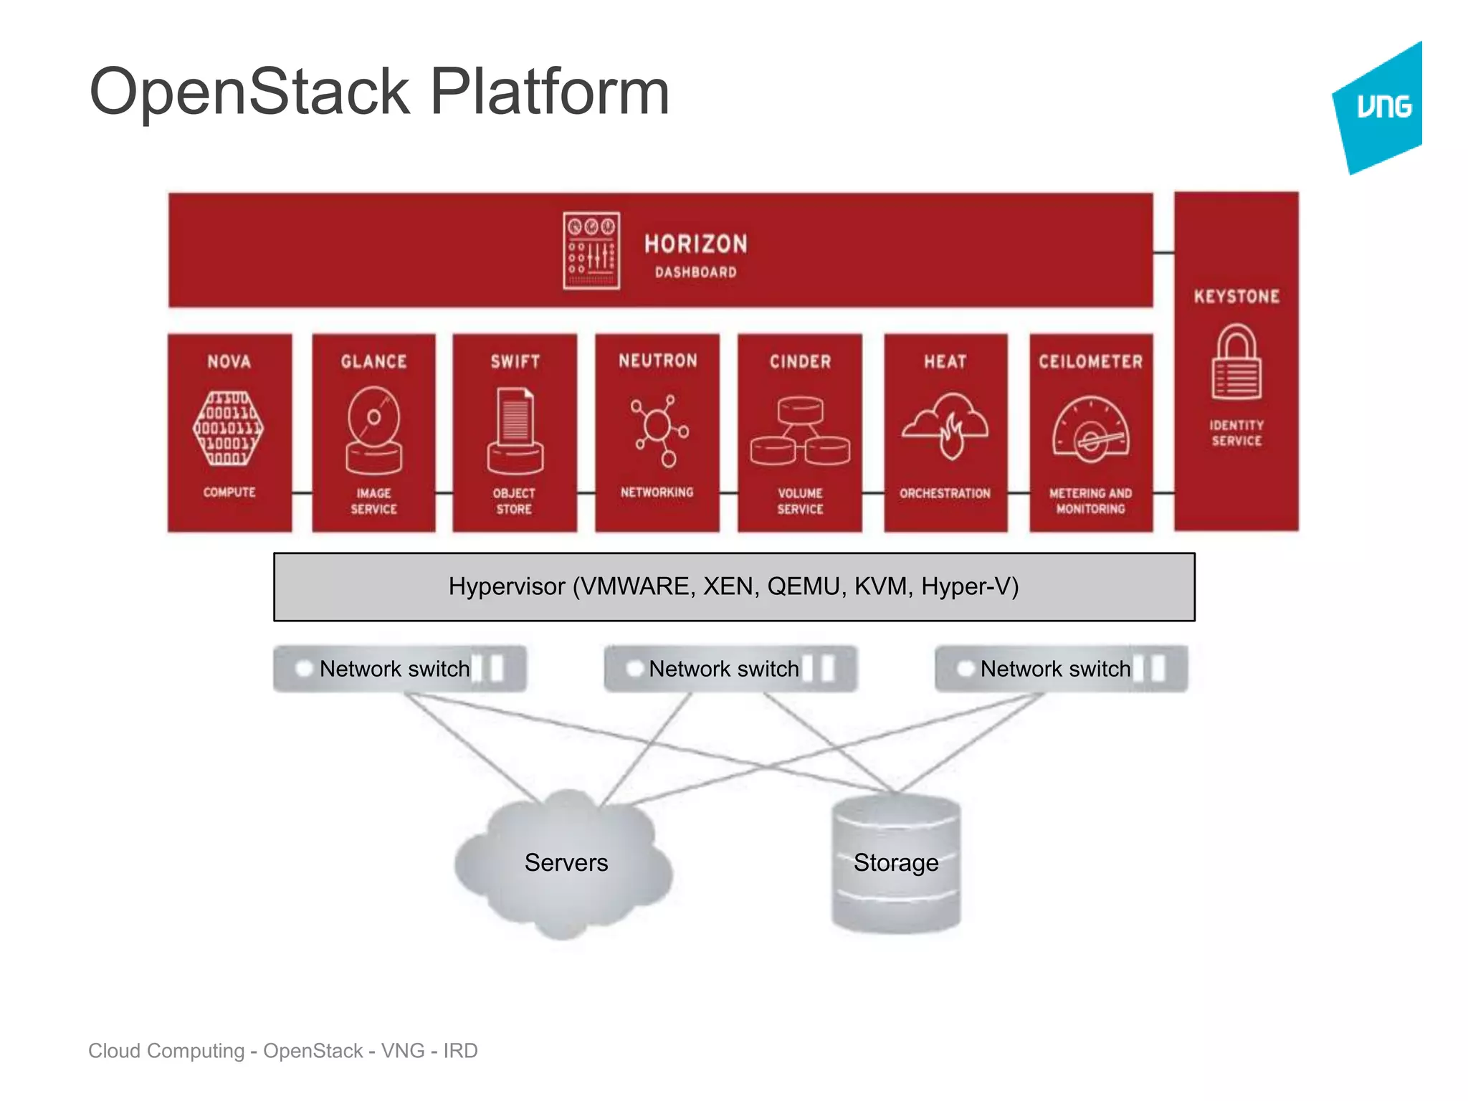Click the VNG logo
1380,108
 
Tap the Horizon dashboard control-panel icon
591,251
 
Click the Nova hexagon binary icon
229,428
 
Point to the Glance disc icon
373,431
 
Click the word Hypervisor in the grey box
507,586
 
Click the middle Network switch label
723,669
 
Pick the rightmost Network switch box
1061,669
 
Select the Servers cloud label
566,862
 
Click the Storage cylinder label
896,862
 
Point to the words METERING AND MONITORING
1090,501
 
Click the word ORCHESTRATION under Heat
945,493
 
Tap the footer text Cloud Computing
166,1051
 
